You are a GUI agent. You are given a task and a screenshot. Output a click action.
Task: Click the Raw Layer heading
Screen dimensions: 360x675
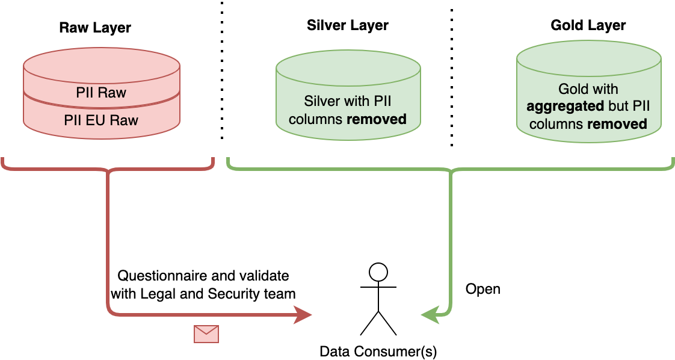95,28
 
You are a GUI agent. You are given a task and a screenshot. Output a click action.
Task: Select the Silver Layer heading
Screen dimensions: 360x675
347,25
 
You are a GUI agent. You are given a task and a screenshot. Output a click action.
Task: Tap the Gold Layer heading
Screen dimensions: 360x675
588,25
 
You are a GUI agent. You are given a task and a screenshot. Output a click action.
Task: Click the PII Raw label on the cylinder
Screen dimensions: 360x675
101,93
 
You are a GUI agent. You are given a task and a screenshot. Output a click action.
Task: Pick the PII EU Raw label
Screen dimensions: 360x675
101,120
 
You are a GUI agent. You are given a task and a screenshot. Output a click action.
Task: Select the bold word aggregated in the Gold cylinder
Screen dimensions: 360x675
564,107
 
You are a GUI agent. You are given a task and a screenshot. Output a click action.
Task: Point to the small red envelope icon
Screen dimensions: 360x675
206,334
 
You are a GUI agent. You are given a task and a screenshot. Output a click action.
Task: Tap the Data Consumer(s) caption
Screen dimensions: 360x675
378,351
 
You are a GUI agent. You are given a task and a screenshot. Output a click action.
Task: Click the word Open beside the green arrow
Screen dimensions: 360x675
483,289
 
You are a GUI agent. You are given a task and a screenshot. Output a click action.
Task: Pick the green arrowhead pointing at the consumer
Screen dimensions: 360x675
430,314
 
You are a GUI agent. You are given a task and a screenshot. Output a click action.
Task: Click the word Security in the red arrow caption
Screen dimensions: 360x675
232,294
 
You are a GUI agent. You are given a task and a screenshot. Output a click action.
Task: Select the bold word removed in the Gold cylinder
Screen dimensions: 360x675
617,124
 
